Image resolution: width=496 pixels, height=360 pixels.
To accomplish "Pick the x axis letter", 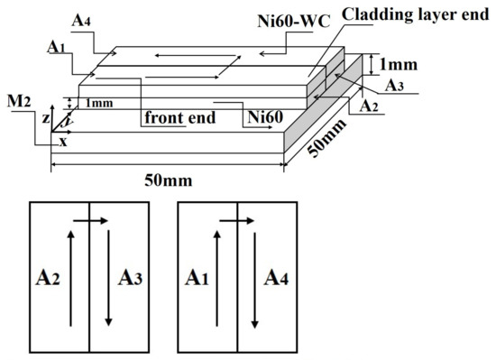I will click(62, 142).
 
